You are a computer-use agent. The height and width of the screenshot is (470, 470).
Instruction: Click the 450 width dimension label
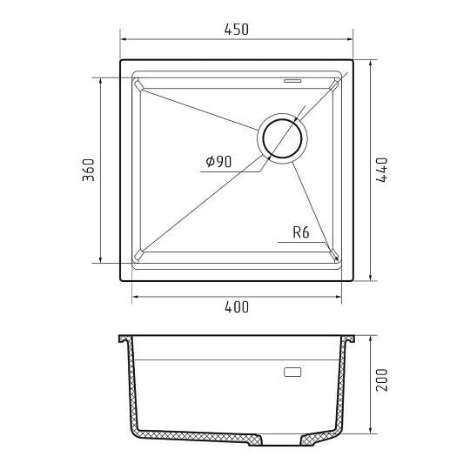point(237,30)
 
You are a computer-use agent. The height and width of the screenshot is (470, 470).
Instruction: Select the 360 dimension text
point(89,170)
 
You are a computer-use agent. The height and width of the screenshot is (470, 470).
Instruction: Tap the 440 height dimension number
point(381,170)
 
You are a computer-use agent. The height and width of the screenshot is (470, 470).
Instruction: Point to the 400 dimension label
point(237,307)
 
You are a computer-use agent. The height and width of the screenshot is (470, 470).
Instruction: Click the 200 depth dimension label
point(381,380)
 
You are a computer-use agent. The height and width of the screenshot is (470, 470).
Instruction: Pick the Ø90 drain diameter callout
point(218,162)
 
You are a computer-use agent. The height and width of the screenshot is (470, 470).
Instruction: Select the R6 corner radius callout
point(300,232)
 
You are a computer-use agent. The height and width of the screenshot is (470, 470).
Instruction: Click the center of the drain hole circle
point(282,138)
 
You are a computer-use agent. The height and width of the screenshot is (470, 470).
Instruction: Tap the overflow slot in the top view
point(292,81)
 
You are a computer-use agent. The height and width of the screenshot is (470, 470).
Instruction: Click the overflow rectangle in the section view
point(292,372)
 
